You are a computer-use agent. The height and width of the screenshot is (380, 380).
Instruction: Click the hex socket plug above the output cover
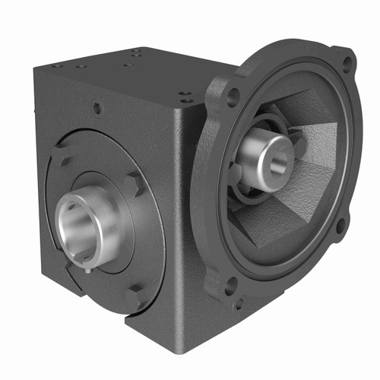point(97,109)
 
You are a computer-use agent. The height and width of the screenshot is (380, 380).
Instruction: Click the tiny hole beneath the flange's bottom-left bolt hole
point(238,306)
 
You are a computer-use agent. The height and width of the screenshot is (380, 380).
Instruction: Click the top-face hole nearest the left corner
point(60,67)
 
